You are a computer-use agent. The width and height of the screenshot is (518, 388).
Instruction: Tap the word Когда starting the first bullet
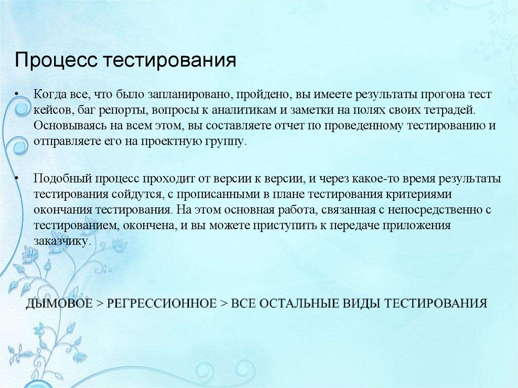[x=49, y=95]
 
